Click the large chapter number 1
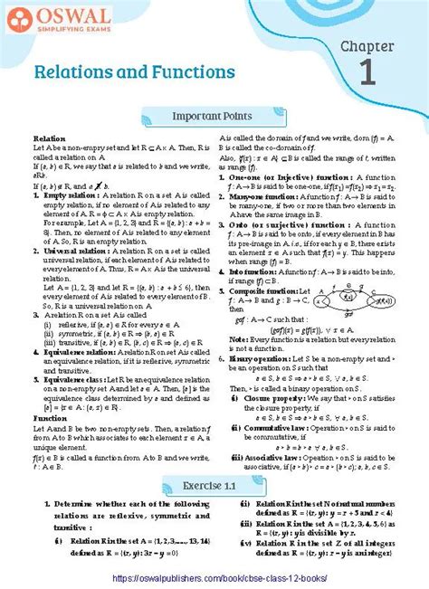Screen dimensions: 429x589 pos(367,71)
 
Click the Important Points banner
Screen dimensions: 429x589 pos(214,116)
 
